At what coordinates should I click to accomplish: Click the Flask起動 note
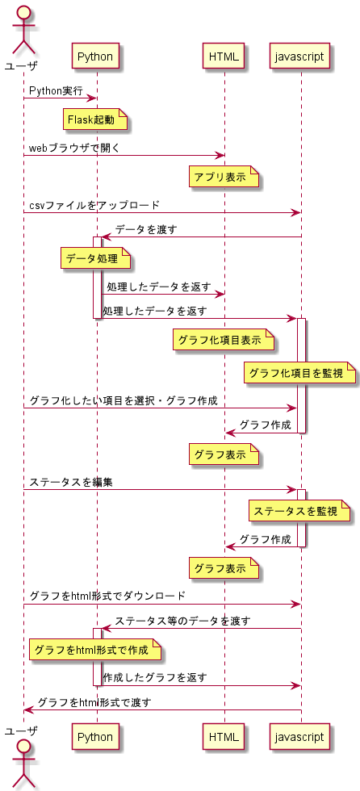tap(96, 120)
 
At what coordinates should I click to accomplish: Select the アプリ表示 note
tap(224, 178)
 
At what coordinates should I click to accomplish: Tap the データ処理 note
tap(96, 259)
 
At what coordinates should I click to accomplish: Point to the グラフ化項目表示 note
tap(224, 341)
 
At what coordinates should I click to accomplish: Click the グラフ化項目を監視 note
tap(300, 374)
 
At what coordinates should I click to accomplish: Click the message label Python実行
tap(56, 91)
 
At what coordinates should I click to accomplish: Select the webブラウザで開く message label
tap(74, 149)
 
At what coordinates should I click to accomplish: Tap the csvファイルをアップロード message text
tap(94, 206)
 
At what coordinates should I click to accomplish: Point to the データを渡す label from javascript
tap(145, 230)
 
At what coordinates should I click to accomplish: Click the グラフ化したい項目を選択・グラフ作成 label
tap(123, 401)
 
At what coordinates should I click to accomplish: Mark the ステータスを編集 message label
tap(71, 483)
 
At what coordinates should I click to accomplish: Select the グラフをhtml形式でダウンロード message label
tap(107, 596)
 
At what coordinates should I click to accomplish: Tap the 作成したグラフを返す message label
tap(154, 678)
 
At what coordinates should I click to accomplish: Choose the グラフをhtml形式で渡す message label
tap(94, 702)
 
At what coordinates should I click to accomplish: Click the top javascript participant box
tap(300, 57)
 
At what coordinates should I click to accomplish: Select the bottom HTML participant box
tap(224, 737)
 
